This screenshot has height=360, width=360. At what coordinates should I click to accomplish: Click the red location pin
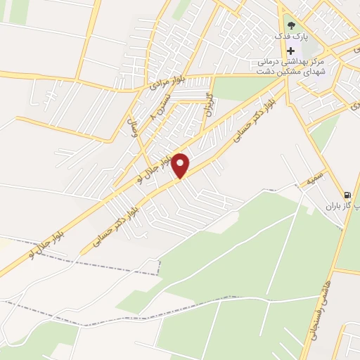click(181, 165)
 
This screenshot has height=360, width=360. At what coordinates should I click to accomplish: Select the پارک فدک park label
click(292, 36)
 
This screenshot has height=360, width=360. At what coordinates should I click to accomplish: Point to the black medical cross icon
click(291, 51)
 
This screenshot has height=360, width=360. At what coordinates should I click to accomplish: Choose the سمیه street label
click(310, 181)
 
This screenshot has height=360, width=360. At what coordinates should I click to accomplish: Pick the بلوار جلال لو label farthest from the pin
click(49, 240)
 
